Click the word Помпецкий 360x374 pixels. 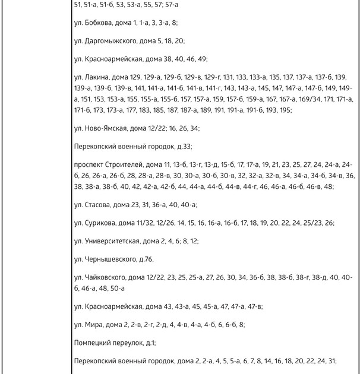[x=93, y=343]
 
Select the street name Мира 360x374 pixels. [x=92, y=325]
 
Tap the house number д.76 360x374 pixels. [x=146, y=259]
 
